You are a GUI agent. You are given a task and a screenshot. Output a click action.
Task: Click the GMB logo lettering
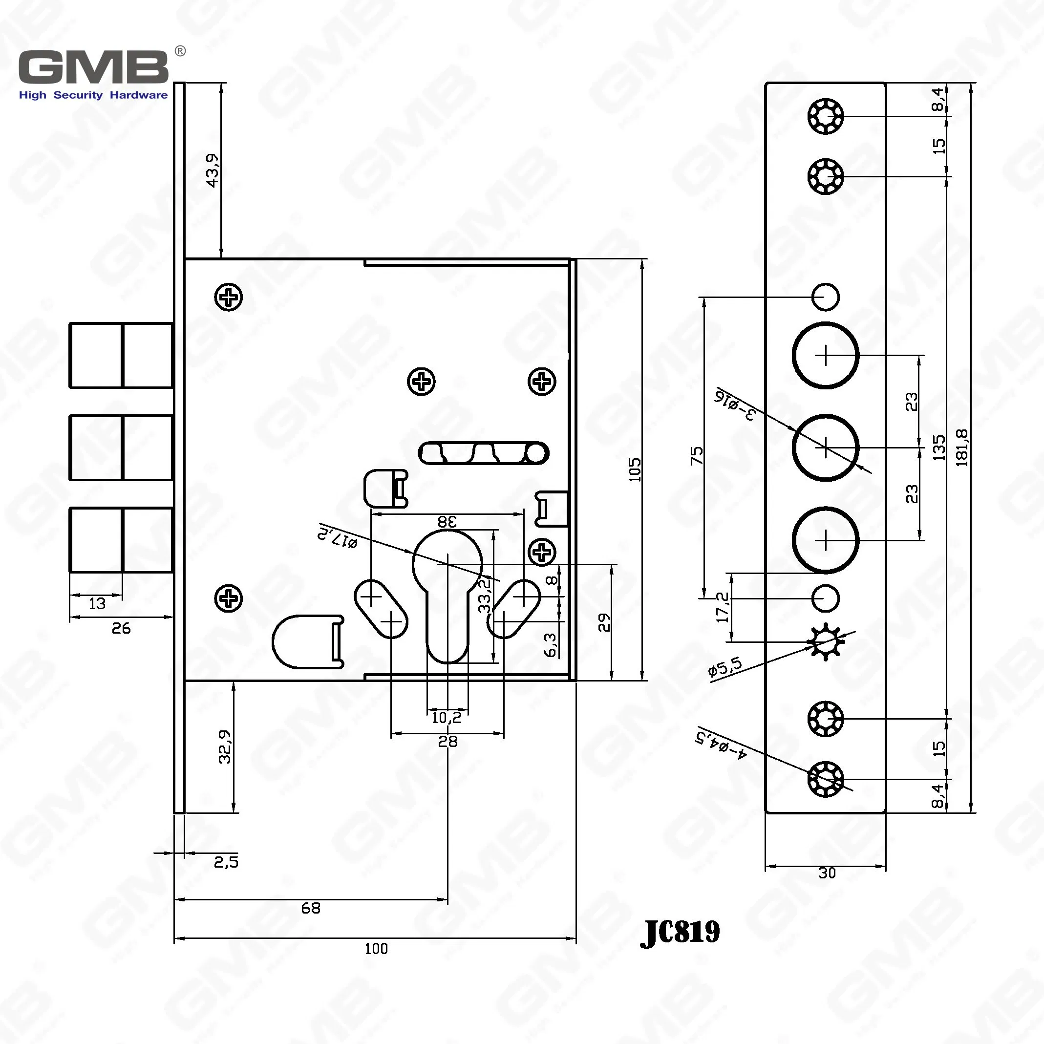(93, 67)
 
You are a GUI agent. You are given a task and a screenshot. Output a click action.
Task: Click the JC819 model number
(680, 932)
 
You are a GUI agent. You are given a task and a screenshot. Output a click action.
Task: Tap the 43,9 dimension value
(213, 171)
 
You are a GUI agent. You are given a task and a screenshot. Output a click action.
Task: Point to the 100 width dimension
(376, 949)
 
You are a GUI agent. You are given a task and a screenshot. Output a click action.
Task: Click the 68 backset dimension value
(311, 908)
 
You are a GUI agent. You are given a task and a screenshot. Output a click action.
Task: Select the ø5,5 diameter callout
(725, 668)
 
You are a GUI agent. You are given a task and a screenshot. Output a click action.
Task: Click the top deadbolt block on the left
(121, 355)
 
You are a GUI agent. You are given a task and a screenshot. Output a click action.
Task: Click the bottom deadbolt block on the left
(121, 539)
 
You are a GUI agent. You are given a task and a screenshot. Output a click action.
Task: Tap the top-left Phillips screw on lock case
(229, 297)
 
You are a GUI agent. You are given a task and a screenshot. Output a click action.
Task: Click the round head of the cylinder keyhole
(447, 562)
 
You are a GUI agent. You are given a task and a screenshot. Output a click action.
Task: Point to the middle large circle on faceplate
(825, 447)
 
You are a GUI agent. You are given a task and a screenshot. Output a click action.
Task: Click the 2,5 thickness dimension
(226, 862)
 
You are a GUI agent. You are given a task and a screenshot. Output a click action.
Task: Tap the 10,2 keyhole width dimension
(447, 718)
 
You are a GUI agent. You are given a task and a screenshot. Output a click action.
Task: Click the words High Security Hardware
(93, 95)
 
